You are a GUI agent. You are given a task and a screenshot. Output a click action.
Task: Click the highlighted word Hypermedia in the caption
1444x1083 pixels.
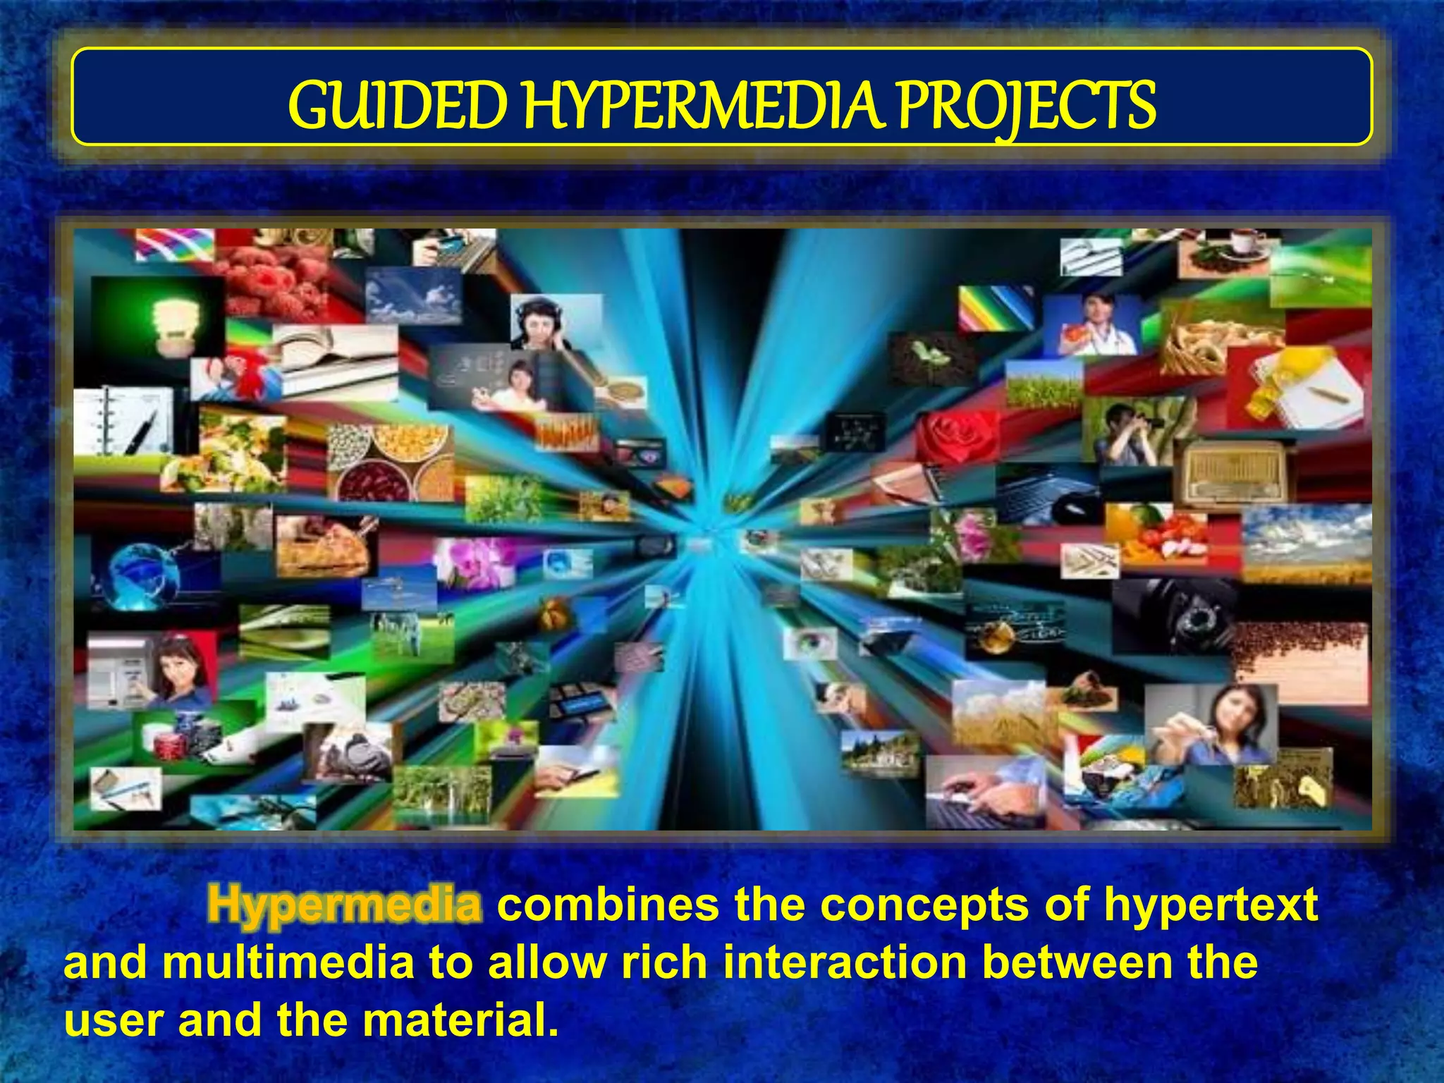(345, 905)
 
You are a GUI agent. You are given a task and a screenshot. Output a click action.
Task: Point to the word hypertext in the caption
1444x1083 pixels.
(1211, 905)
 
